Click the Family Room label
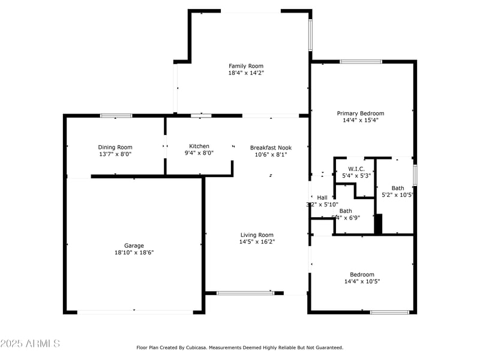click(x=246, y=66)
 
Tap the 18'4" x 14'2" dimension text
click(x=246, y=73)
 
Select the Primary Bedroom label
click(x=360, y=113)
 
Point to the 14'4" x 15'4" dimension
click(x=360, y=120)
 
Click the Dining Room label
click(x=115, y=147)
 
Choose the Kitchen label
click(x=199, y=146)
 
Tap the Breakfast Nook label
click(x=271, y=148)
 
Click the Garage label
click(x=134, y=245)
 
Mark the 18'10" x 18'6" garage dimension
click(x=134, y=253)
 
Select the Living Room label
click(x=257, y=235)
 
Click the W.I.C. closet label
click(x=356, y=169)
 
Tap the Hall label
click(x=322, y=197)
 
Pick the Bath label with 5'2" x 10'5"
click(x=398, y=188)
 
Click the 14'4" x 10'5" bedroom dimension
click(x=362, y=281)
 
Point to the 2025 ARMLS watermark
click(x=30, y=344)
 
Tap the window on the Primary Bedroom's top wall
click(x=361, y=61)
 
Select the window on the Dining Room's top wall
click(x=116, y=115)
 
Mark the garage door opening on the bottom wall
click(x=135, y=311)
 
